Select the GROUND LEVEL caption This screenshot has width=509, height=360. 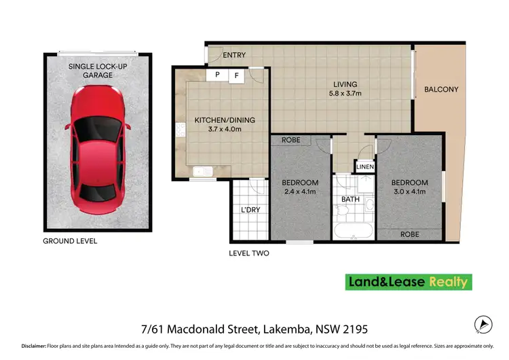tap(70, 241)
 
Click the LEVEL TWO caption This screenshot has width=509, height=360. tap(248, 253)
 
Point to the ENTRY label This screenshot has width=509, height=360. tap(234, 55)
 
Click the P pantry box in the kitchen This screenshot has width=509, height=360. tap(217, 75)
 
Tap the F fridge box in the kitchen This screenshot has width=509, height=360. tap(236, 75)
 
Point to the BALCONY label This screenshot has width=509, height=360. tap(441, 89)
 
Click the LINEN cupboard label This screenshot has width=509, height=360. tap(365, 166)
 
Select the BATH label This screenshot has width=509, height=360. tap(350, 200)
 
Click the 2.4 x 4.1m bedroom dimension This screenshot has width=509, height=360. tap(300, 192)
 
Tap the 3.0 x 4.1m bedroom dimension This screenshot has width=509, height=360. tap(409, 192)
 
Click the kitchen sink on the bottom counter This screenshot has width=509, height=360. tap(200, 172)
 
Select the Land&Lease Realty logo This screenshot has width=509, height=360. tap(409, 281)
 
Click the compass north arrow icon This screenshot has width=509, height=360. tap(482, 325)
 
